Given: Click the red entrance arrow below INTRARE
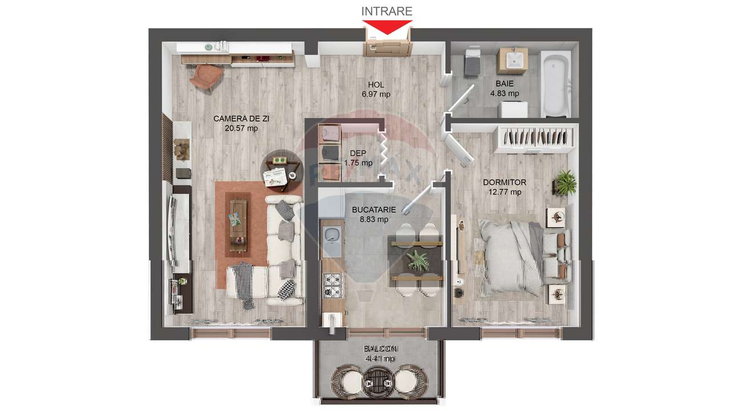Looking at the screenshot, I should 388,26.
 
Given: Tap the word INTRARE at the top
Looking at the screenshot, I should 387,11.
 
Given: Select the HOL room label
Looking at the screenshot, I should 376,85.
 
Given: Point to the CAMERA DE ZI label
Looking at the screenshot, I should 241,119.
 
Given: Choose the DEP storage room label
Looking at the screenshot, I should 358,153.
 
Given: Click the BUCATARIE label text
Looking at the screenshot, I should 374,209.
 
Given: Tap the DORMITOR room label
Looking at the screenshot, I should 504,182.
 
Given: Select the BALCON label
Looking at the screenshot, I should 381,349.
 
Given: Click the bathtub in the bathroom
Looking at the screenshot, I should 555,83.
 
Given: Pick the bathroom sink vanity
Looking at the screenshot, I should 512,61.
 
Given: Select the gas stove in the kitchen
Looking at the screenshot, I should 331,284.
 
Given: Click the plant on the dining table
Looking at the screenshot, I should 418,260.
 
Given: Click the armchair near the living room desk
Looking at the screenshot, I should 205,77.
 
